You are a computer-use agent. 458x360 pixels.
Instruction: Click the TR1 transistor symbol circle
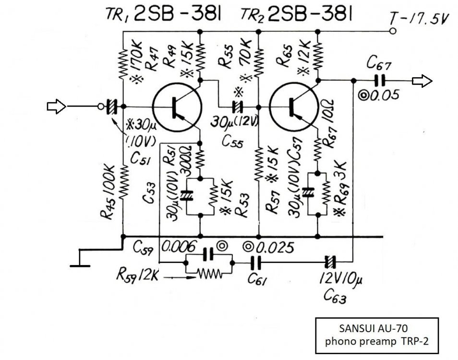[176, 107]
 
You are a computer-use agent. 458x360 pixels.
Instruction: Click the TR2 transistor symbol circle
[294, 107]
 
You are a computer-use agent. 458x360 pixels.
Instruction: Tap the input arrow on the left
[57, 106]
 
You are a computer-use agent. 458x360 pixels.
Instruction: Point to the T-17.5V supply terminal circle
[393, 32]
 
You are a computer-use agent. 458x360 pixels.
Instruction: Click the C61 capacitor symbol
[256, 263]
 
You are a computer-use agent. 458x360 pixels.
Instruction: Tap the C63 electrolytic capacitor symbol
[329, 263]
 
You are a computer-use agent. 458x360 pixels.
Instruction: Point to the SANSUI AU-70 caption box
[376, 335]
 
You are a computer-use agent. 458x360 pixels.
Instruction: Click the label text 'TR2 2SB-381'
[297, 15]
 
